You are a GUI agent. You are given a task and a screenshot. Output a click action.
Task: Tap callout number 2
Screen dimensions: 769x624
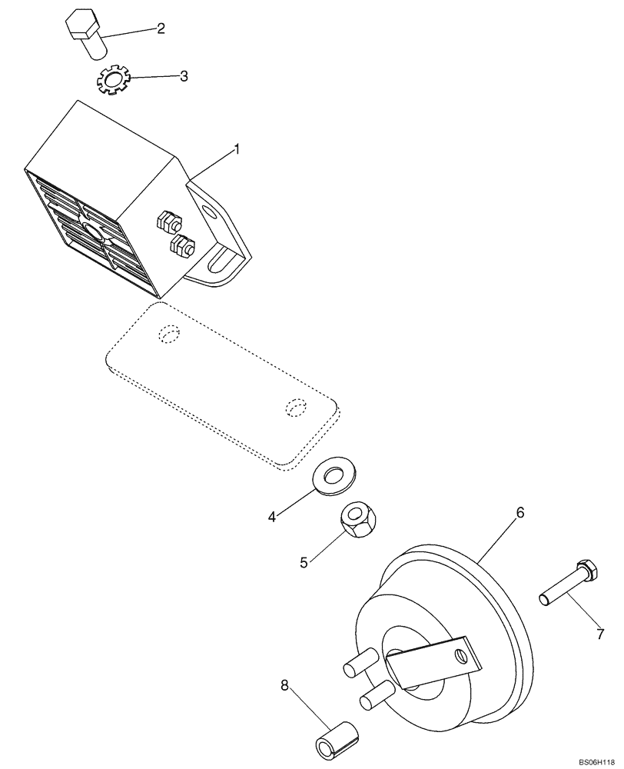point(161,29)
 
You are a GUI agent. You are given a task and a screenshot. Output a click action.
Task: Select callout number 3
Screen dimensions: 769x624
point(184,76)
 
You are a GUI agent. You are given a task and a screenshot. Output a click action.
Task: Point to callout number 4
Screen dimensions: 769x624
point(272,518)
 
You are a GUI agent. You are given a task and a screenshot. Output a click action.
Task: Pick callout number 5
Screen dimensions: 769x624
point(304,562)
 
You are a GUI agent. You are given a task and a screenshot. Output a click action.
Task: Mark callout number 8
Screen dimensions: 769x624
point(286,684)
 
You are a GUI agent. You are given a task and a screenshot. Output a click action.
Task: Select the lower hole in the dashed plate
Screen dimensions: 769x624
point(295,407)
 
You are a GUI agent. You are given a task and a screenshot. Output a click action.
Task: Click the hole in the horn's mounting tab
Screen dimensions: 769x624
point(460,655)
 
